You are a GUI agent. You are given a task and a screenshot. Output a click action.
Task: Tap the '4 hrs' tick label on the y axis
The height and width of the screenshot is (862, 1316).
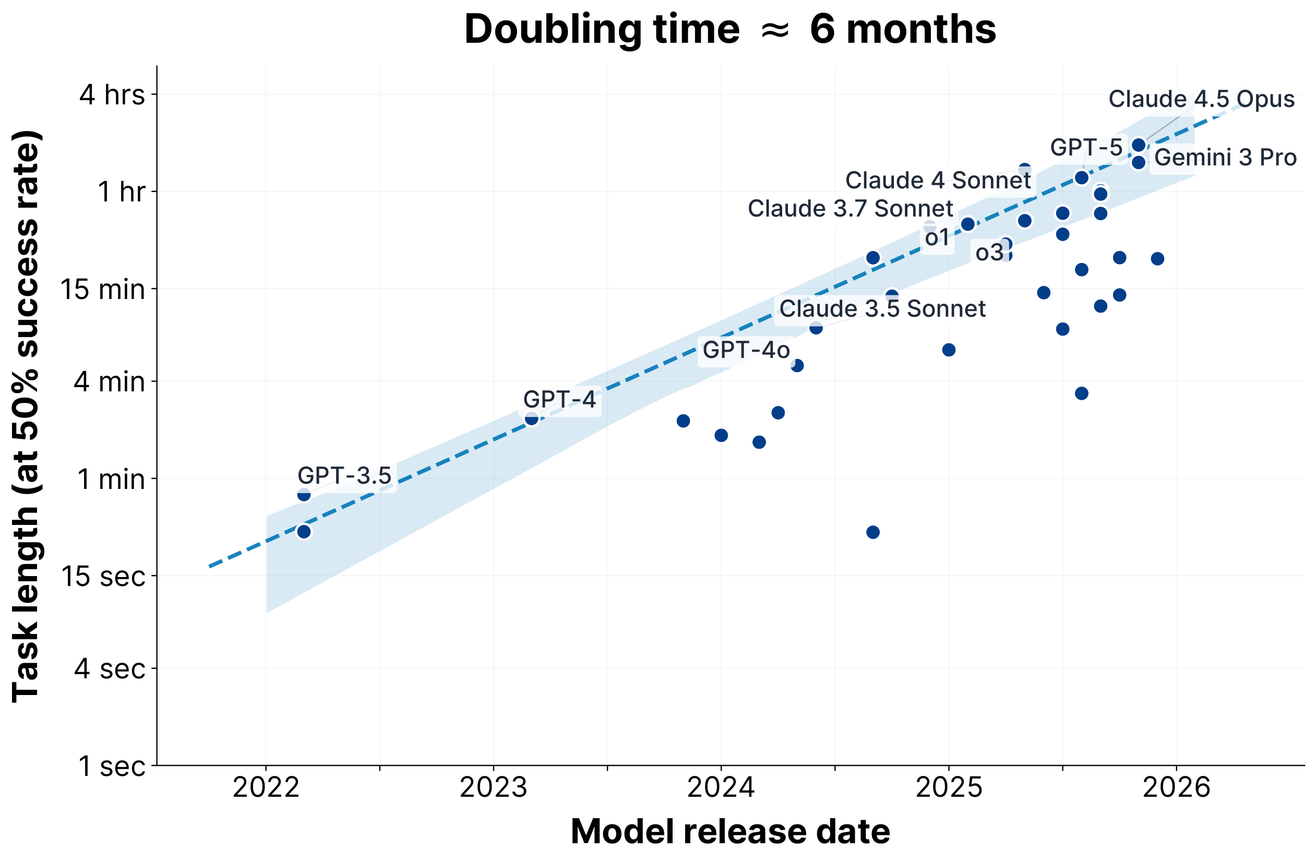pos(112,95)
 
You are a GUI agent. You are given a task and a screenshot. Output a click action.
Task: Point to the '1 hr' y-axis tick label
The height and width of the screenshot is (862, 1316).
pos(121,193)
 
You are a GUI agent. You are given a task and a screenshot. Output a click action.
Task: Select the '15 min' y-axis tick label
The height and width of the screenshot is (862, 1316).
pos(102,289)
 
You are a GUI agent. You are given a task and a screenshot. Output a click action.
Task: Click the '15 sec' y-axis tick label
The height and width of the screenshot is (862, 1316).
pos(103,576)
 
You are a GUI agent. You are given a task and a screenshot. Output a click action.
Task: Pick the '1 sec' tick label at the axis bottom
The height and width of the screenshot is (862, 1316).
pos(111,767)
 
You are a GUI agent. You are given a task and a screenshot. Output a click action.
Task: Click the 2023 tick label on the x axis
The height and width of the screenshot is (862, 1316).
pos(493,787)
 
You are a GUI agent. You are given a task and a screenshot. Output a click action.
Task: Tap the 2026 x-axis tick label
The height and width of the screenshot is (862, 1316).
pos(1176,787)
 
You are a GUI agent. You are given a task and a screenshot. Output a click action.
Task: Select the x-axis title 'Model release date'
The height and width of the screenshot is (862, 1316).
pos(730,832)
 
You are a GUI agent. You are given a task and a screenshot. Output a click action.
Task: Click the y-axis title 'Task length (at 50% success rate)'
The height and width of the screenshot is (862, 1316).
pos(26,416)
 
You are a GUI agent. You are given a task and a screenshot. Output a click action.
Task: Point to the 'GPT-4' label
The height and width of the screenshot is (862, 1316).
pos(559,400)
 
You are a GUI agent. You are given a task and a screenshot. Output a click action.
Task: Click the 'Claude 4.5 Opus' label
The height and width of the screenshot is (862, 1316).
pos(1201,100)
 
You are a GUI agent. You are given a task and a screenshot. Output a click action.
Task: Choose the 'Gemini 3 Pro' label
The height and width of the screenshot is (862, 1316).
pos(1225,158)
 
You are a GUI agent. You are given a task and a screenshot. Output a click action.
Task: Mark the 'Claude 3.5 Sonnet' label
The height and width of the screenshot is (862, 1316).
pos(882,309)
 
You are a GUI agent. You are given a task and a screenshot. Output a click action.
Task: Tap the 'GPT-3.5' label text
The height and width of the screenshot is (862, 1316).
pos(344,476)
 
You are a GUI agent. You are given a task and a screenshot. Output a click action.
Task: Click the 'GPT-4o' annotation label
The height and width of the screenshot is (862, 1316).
pos(746,351)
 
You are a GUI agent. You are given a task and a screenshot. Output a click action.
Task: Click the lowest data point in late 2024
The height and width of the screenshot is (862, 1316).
pos(872,532)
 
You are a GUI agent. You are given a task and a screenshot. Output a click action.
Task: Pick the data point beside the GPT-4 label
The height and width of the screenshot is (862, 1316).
pos(531,418)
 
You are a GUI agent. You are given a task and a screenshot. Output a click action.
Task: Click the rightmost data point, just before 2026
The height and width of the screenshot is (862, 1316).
pos(1157,259)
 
